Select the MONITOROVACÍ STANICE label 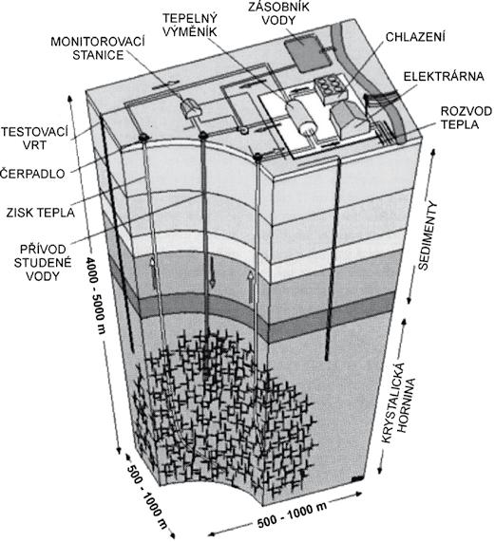tap(98, 48)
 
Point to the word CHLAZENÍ tap(415, 37)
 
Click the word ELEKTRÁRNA tap(444, 76)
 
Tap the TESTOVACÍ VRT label tap(34, 139)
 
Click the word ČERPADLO tap(32, 173)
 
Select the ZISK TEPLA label tap(41, 213)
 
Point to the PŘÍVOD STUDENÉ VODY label tap(43, 263)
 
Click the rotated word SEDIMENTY tap(428, 236)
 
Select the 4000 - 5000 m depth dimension tap(94, 294)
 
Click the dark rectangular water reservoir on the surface tap(307, 53)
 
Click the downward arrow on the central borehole tap(212, 272)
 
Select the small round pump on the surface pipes tap(244, 130)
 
